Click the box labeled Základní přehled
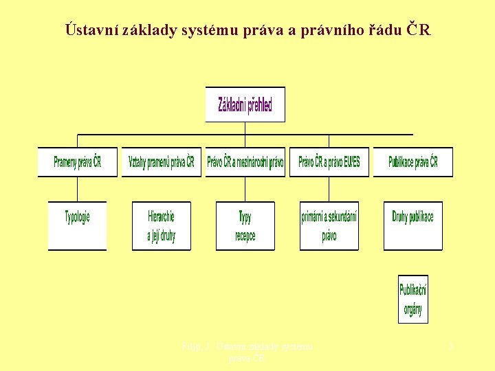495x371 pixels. pyautogui.click(x=245, y=104)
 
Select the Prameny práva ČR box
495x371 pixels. pyautogui.click(x=77, y=163)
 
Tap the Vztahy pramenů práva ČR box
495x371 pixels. pyautogui.click(x=162, y=163)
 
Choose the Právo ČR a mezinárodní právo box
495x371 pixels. pyautogui.click(x=245, y=163)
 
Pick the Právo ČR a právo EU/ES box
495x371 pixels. pyautogui.click(x=329, y=163)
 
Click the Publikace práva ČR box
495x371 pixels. pyautogui.click(x=412, y=163)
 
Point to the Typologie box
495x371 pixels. pyautogui.click(x=77, y=225)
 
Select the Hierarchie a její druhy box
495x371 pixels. pyautogui.click(x=161, y=225)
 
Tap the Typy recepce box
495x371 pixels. pyautogui.click(x=245, y=225)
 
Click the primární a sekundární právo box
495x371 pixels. pyautogui.click(x=329, y=225)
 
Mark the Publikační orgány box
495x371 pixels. pyautogui.click(x=412, y=299)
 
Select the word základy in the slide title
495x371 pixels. pyautogui.click(x=146, y=30)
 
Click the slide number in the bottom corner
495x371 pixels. pyautogui.click(x=451, y=348)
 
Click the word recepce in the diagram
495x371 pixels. pyautogui.click(x=245, y=236)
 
